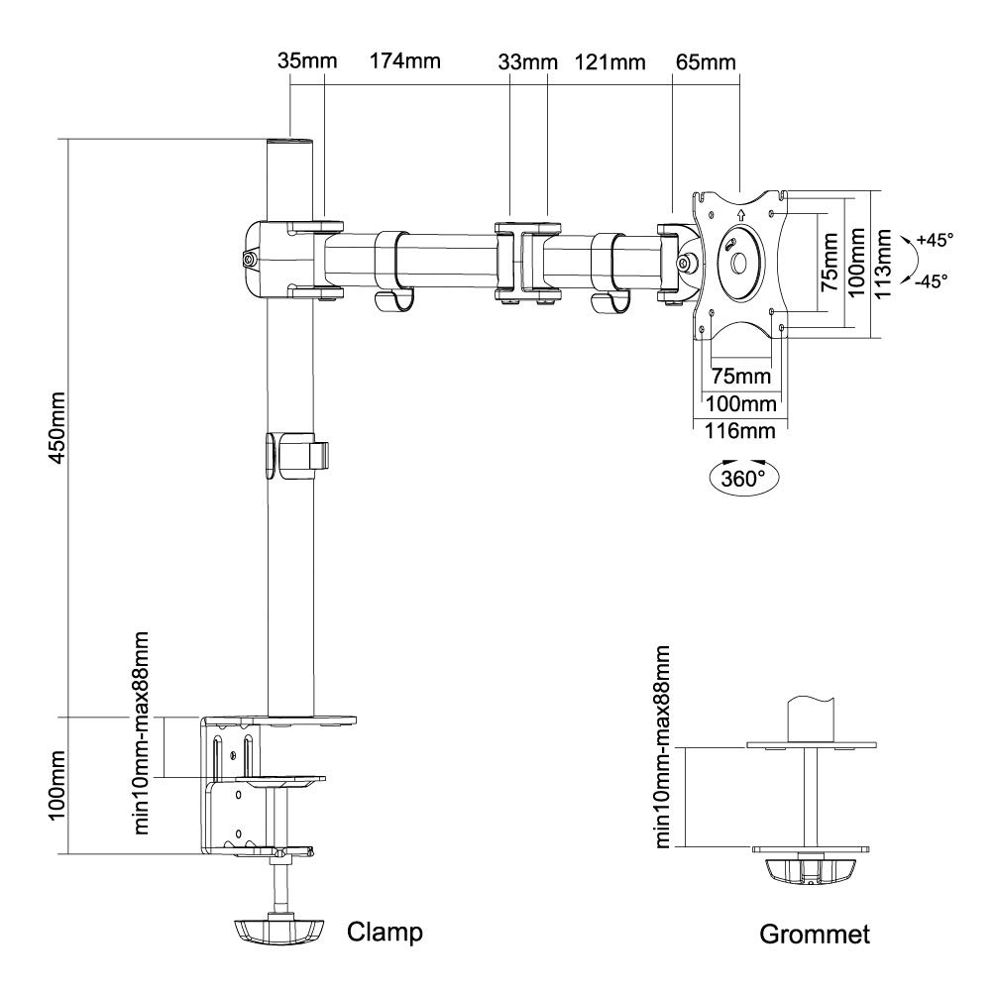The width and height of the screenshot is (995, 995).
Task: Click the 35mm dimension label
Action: coord(307,61)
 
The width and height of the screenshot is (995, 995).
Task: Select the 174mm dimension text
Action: coord(405,61)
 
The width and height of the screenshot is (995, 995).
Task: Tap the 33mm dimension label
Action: coord(528,62)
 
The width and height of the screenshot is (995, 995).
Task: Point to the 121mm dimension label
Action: coord(609,62)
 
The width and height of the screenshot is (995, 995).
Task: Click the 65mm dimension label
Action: coord(706,62)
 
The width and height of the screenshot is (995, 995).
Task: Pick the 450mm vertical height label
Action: coord(57,428)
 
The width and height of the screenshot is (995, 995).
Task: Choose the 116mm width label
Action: coord(740,431)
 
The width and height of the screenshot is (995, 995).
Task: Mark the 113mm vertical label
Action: coord(883,264)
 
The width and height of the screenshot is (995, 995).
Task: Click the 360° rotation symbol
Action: coord(743,478)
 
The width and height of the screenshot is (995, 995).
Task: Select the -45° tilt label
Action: coord(931,281)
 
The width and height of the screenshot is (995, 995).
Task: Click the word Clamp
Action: coord(385,933)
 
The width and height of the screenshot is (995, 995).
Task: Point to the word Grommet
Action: coord(815,935)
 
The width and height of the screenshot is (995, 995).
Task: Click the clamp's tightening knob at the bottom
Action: coord(277,931)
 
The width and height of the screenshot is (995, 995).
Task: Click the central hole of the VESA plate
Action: coord(738,264)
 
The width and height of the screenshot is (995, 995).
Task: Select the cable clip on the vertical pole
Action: coord(297,455)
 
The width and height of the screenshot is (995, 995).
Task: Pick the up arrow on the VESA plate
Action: coord(741,214)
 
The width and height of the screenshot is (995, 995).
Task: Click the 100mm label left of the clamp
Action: coord(57,786)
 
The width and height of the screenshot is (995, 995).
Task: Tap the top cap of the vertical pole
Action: coord(290,143)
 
